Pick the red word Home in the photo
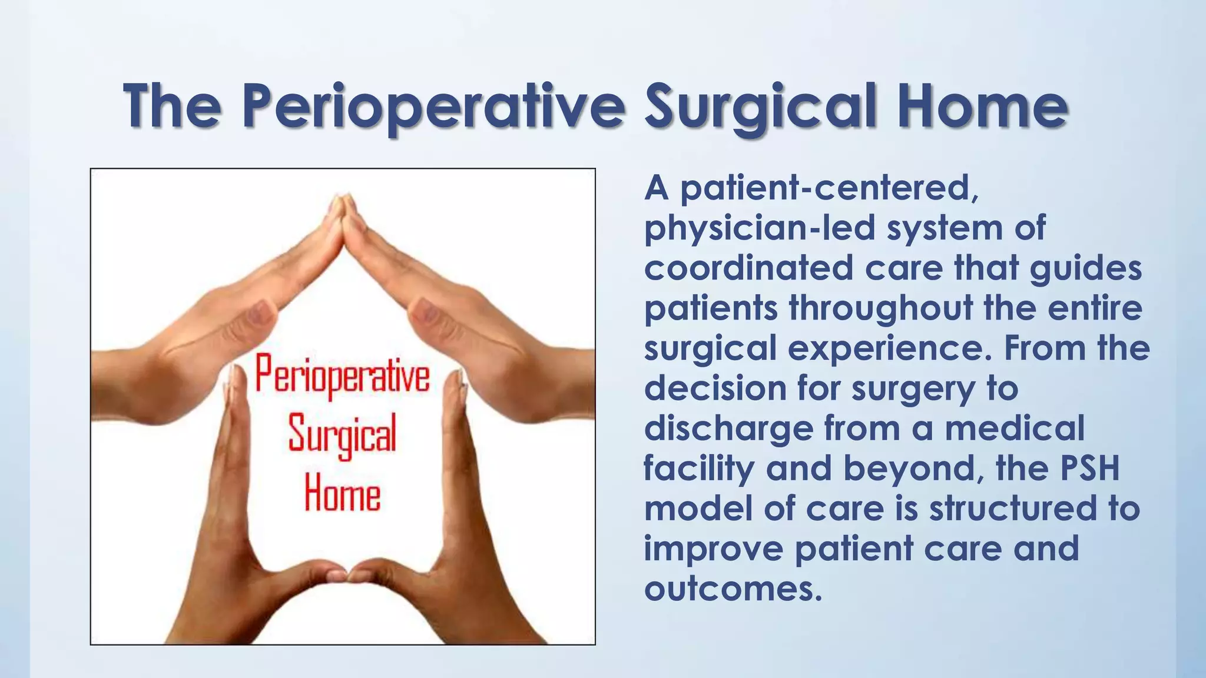(342, 496)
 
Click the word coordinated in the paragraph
(748, 268)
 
